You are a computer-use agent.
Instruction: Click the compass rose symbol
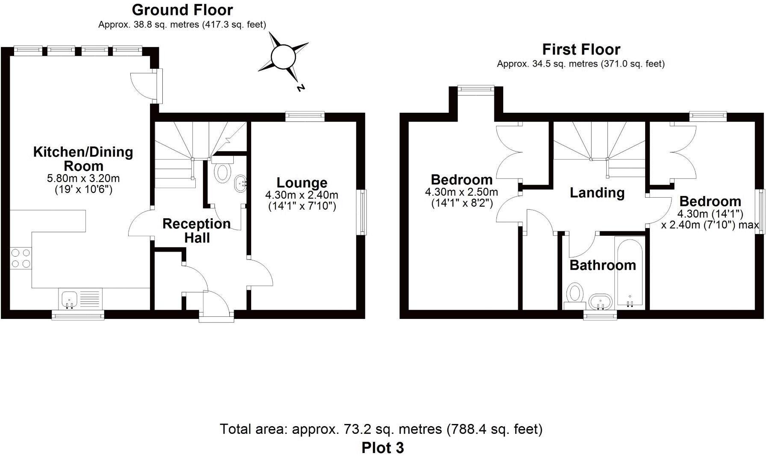pos(283,56)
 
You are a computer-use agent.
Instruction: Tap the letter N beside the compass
pos(301,88)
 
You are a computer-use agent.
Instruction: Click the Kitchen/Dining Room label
pos(83,158)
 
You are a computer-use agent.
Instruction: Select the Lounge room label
pos(302,182)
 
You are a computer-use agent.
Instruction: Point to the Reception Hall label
pos(197,230)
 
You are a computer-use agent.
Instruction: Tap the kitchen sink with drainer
pos(80,298)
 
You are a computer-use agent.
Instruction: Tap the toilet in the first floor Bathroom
pos(575,295)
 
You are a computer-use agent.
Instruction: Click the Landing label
pos(597,193)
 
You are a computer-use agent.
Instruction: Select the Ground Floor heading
pos(182,9)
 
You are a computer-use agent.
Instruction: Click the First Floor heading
pos(581,50)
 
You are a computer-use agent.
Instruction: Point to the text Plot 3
pos(382,447)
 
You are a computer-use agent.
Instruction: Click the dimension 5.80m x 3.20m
pos(83,178)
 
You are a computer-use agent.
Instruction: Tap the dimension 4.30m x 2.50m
pos(461,192)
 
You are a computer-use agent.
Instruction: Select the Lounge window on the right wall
pos(363,212)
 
